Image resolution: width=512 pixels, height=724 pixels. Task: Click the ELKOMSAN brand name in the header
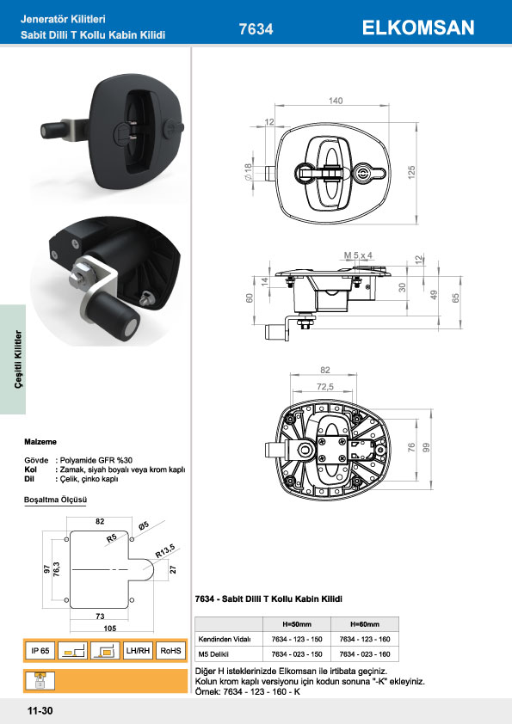(418, 28)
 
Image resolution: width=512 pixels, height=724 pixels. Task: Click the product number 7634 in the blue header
(256, 29)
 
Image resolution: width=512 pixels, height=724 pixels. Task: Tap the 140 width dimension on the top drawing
(336, 101)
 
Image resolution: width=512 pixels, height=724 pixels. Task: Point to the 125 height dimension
(411, 172)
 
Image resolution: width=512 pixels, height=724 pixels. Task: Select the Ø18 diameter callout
(248, 172)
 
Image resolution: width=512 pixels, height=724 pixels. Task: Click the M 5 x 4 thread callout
(358, 255)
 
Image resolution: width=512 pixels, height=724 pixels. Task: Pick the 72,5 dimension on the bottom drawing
(325, 386)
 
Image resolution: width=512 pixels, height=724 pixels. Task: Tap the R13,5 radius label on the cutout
(164, 551)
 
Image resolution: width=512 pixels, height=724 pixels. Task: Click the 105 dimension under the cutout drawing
(110, 628)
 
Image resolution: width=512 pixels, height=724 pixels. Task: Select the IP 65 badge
(40, 651)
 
